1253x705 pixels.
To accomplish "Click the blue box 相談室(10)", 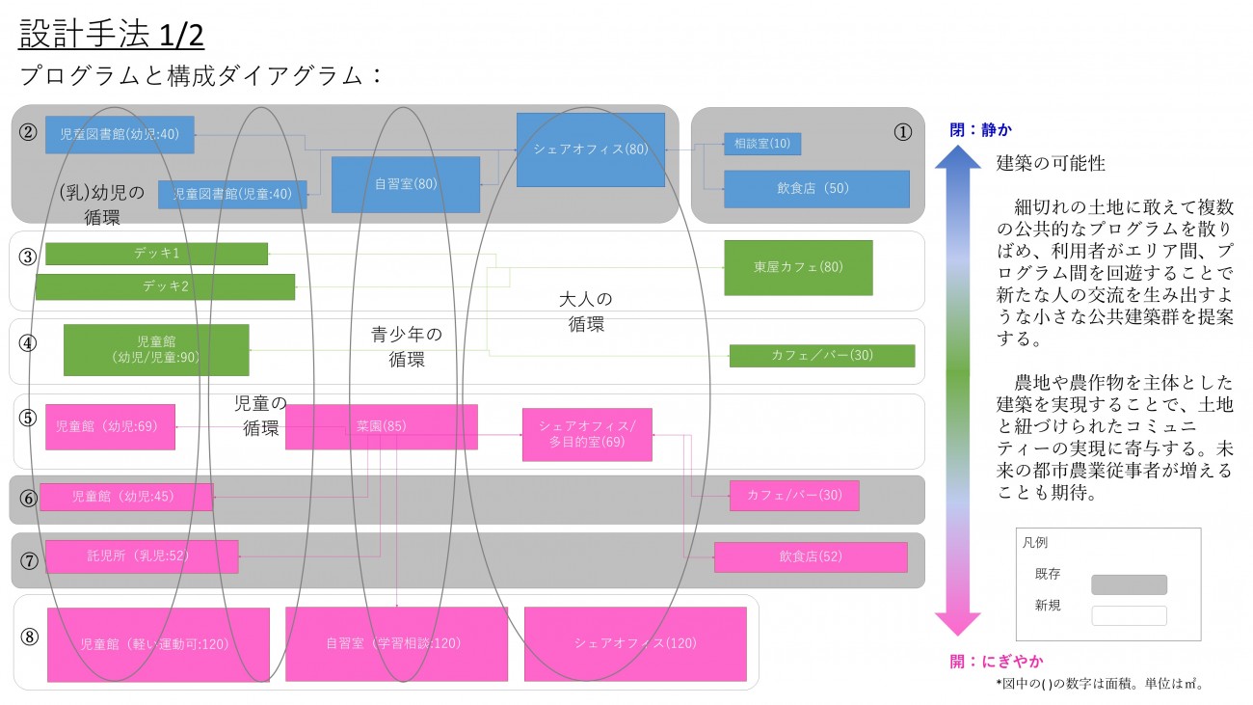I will coord(761,144).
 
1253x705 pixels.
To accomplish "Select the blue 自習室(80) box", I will coord(406,184).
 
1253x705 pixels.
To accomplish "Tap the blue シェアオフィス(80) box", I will coord(591,149).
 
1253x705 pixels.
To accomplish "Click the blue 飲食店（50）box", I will coord(816,189).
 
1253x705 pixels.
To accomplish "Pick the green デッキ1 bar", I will coord(156,254).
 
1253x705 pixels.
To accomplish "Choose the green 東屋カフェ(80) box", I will coord(798,267).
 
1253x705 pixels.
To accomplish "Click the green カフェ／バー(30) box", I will coord(822,355).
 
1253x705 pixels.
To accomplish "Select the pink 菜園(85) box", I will coord(381,426).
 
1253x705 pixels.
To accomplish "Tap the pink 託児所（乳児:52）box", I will coord(142,556).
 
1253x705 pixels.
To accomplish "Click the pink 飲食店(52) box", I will coord(811,556).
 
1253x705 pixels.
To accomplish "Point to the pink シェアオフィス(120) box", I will coord(635,643).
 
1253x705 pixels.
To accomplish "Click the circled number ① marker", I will coord(902,133).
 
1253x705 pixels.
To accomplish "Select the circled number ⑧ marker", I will coord(30,637).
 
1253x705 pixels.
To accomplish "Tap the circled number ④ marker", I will coord(28,342).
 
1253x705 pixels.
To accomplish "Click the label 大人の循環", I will coord(586,312).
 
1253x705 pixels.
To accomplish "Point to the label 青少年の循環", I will coord(407,346).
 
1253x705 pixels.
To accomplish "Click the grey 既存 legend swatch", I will coord(1129,584).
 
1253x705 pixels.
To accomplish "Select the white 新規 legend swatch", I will coord(1129,615).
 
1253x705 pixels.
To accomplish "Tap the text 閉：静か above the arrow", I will coord(981,129).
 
